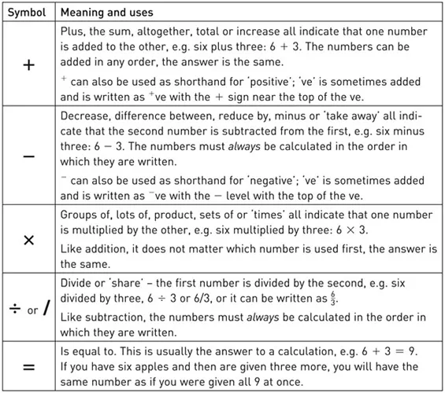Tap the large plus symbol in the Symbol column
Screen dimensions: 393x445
[29, 65]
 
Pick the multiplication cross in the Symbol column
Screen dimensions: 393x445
[29, 240]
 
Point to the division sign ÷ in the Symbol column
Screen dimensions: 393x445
[13, 309]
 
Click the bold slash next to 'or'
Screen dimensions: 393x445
[46, 308]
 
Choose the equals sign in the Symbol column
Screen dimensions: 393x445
[29, 367]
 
